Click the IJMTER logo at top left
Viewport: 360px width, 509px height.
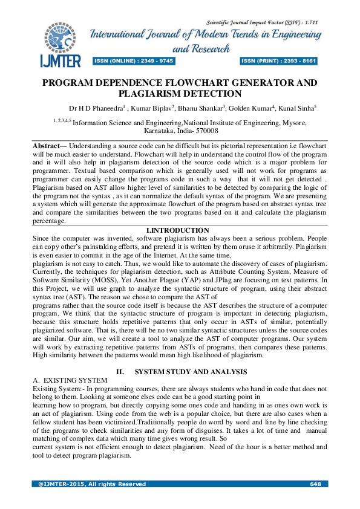pos(57,45)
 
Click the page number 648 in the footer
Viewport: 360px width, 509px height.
pos(314,484)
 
